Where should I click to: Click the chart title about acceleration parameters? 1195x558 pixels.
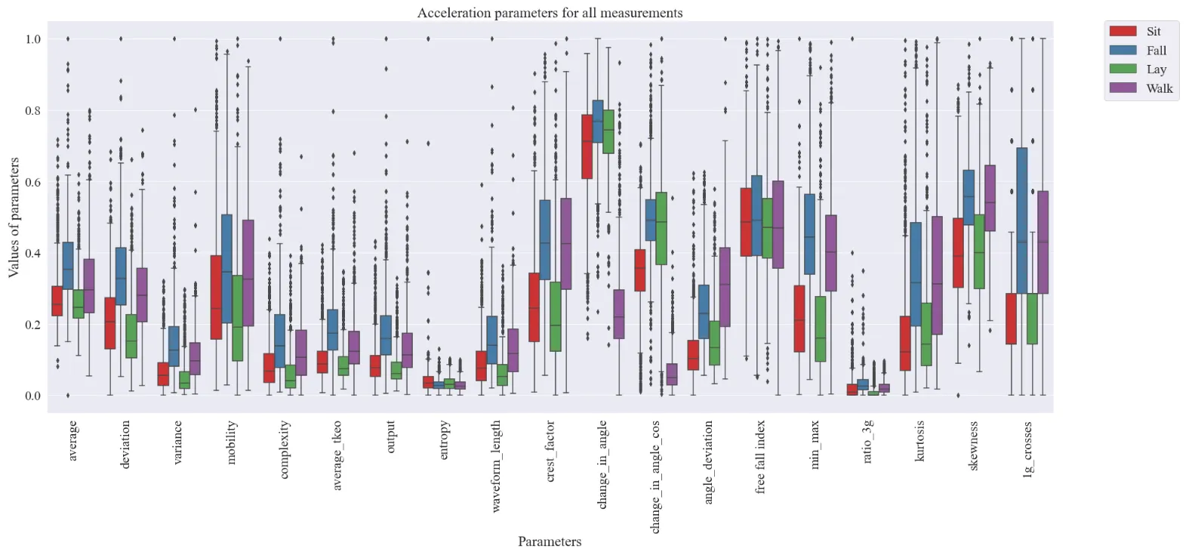click(x=550, y=13)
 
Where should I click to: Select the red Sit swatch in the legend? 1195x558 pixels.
click(x=1123, y=31)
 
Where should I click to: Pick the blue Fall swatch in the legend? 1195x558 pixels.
click(x=1123, y=50)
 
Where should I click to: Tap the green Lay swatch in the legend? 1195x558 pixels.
click(x=1123, y=69)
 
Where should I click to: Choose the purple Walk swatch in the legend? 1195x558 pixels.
click(x=1123, y=88)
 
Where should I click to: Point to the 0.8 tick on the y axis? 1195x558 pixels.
click(x=32, y=111)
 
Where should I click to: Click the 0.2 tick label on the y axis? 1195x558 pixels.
click(x=32, y=325)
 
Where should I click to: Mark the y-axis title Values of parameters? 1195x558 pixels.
click(x=14, y=217)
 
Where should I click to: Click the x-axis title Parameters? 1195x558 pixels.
click(x=550, y=541)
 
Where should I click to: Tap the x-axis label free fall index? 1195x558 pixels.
click(x=761, y=457)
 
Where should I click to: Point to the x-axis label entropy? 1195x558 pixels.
click(x=444, y=440)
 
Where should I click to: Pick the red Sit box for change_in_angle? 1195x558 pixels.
click(x=587, y=146)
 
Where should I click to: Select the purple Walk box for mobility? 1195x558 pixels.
click(x=248, y=273)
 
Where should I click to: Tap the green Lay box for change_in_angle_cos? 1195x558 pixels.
click(x=661, y=228)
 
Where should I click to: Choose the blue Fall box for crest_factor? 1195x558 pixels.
click(x=545, y=239)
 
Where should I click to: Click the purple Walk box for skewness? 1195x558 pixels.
click(x=990, y=198)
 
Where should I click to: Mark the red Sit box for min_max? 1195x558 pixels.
click(x=799, y=319)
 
